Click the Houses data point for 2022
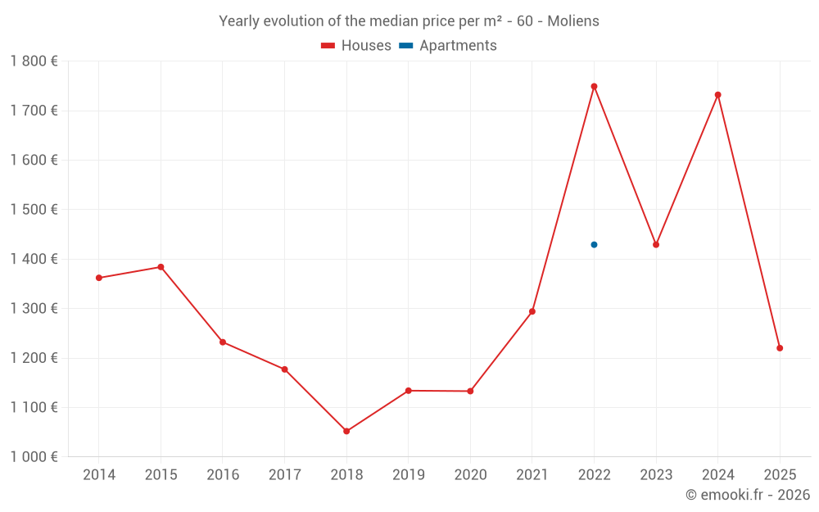[594, 86]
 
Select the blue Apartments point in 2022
[594, 245]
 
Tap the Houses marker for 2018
[346, 431]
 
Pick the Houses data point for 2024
[717, 95]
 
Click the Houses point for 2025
[780, 348]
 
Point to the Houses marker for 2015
[161, 267]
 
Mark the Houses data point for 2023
[656, 245]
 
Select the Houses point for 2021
[532, 311]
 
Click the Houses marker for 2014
[99, 278]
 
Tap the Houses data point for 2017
[284, 369]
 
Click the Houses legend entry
[356, 46]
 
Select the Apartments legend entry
[449, 46]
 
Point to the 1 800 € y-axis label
[34, 61]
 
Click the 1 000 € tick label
[34, 457]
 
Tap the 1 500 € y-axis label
[34, 210]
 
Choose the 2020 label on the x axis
[470, 475]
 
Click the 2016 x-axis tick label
[223, 475]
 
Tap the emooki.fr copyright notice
[748, 495]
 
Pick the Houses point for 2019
[409, 391]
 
